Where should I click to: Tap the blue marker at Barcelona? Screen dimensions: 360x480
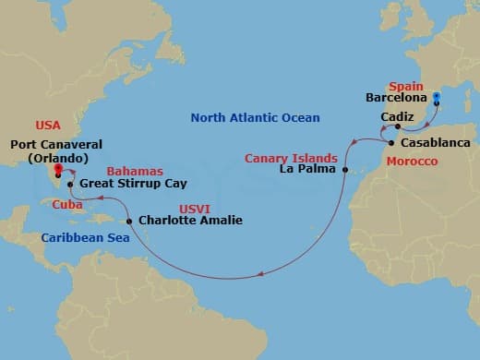coord(437,95)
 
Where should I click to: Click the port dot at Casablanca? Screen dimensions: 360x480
coord(391,144)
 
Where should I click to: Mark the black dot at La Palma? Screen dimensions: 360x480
coord(344,171)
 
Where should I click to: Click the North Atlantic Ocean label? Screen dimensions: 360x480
coord(255,117)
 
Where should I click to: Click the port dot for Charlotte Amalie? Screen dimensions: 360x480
coord(129,222)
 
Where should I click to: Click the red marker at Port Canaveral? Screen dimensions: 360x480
coord(57,170)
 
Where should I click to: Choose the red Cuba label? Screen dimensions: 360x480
coord(65,203)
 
